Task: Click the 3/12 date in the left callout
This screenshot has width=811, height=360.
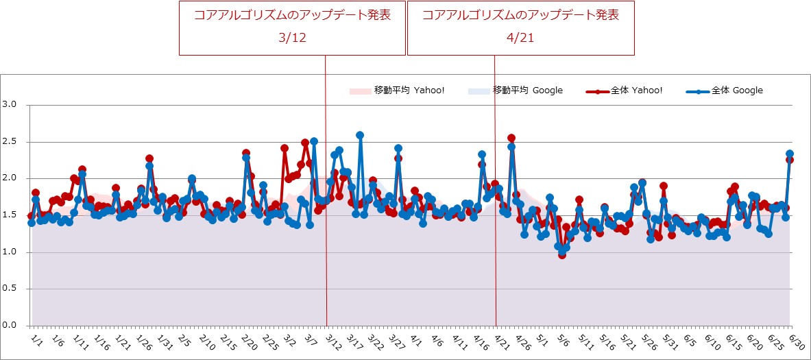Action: coord(292,38)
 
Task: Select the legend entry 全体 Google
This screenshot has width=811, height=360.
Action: coord(737,91)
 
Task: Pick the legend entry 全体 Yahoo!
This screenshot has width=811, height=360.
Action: coord(637,91)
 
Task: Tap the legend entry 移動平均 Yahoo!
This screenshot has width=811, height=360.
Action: coord(409,91)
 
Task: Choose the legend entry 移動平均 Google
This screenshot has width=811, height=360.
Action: coord(527,91)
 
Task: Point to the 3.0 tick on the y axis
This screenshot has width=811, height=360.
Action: coord(12,105)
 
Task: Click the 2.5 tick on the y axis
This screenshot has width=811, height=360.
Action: coord(12,142)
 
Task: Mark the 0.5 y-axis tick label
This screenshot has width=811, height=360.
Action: coord(12,289)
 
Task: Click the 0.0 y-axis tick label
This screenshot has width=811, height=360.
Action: coord(12,326)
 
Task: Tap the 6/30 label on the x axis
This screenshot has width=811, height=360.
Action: coord(797,341)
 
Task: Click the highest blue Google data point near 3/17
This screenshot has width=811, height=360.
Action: coord(360,135)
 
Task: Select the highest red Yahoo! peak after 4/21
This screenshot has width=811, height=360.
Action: coord(511,139)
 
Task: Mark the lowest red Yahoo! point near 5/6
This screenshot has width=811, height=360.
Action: coord(562,254)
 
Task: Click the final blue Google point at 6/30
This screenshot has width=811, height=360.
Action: coord(790,154)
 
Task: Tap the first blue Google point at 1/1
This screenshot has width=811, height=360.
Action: coord(32,223)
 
